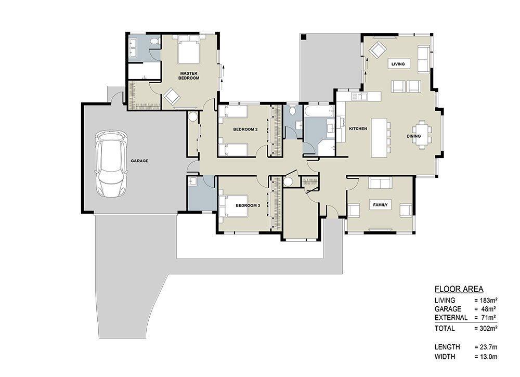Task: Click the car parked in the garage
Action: (111, 164)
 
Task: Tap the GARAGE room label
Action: (139, 161)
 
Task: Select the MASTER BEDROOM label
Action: (189, 75)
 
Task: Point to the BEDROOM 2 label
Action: (245, 129)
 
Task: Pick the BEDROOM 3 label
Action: (248, 205)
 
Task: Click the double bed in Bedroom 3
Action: (233, 205)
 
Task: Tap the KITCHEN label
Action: (358, 128)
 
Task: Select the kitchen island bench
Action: (379, 138)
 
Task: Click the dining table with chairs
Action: (422, 134)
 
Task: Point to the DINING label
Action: (413, 136)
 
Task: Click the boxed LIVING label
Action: (398, 64)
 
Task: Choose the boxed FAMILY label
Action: (380, 205)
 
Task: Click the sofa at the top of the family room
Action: (381, 183)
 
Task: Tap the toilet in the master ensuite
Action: (153, 42)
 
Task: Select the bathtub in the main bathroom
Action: (319, 111)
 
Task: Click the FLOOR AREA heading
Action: (459, 289)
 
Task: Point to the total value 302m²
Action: (486, 329)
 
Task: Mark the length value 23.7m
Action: (486, 347)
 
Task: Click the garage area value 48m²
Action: (486, 309)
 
